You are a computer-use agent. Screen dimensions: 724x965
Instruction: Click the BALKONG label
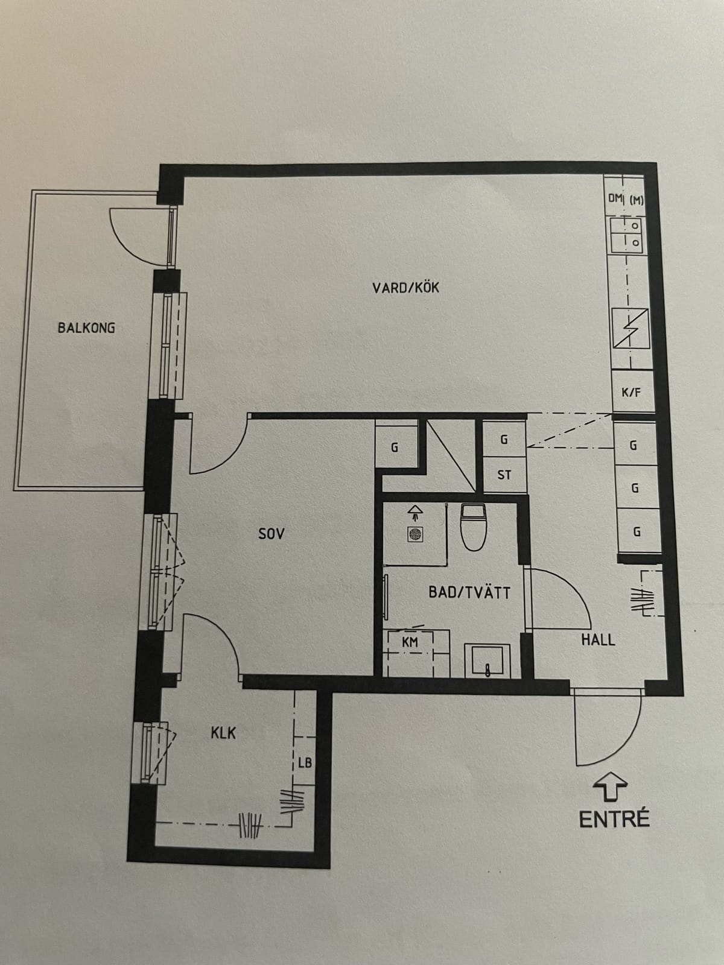tap(87, 327)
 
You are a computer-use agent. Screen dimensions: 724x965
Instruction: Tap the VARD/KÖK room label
tap(405, 288)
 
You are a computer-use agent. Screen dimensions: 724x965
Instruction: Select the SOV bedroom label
tap(271, 534)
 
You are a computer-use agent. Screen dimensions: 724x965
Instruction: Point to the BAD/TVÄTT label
tap(469, 593)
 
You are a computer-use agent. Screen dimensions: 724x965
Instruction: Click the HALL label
tap(599, 640)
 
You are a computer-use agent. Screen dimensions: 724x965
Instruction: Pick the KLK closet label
tap(223, 733)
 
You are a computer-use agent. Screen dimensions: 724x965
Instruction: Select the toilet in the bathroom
tap(474, 527)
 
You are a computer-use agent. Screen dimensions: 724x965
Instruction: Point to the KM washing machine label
tap(410, 642)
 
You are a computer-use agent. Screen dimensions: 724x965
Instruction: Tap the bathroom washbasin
tap(487, 660)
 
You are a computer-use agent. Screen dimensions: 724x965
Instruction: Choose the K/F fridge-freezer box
tap(632, 391)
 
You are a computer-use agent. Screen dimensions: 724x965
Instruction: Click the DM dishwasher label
tap(615, 198)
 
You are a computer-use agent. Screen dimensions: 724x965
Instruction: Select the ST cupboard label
tap(504, 475)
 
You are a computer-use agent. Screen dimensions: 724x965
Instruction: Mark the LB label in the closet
tap(305, 762)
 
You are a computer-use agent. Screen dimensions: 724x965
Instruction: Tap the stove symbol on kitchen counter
tap(630, 327)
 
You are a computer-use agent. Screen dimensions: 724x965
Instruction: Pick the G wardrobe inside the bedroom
tap(396, 447)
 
